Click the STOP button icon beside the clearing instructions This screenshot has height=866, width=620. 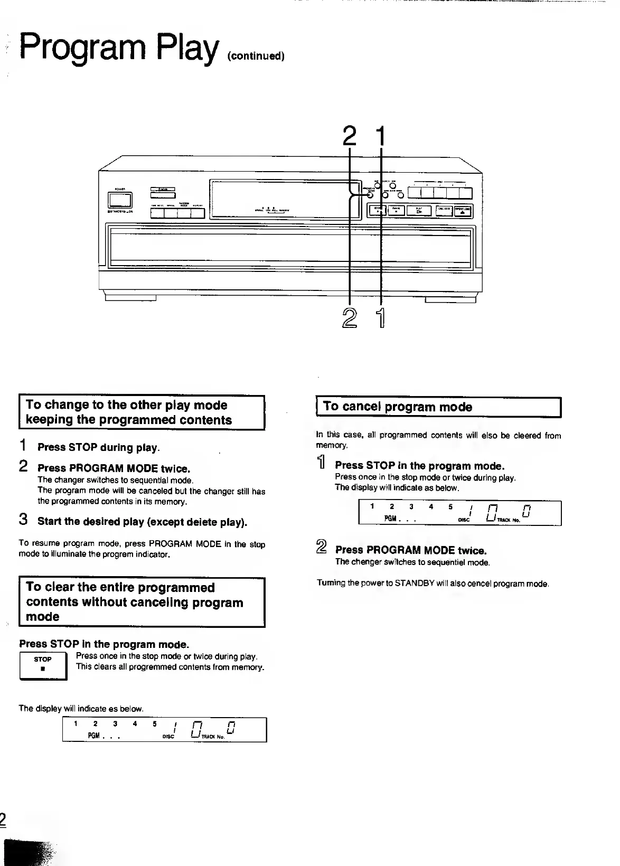(x=43, y=666)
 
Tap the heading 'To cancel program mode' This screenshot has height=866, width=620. (x=398, y=407)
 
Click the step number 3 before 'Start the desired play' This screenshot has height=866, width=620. (x=23, y=520)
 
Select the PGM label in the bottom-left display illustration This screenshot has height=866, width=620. (x=94, y=736)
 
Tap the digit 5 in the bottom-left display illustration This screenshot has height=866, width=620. (x=155, y=724)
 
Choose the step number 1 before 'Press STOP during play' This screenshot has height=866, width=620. (x=23, y=446)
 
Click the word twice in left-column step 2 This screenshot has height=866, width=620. (x=175, y=468)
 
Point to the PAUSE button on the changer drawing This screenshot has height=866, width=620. (x=396, y=211)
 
